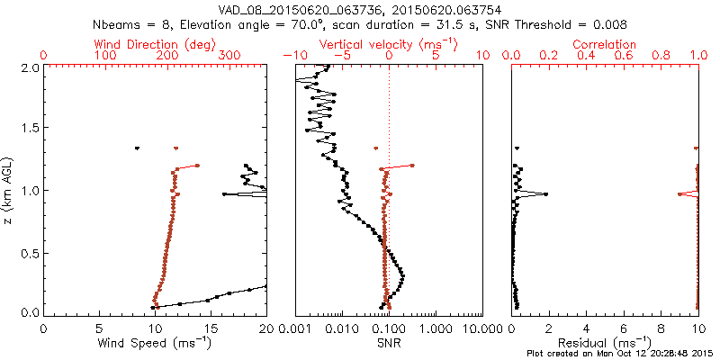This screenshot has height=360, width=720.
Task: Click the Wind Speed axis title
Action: pos(155,342)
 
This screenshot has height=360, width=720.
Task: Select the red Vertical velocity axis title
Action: pos(388,44)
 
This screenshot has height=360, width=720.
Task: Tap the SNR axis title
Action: pos(388,342)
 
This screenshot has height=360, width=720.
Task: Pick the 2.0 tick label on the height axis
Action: pos(29,67)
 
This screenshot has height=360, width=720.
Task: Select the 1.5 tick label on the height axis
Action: pos(29,129)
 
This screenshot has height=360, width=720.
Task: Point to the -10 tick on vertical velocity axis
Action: pos(291,56)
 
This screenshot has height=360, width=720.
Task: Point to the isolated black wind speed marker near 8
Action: pos(137,148)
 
